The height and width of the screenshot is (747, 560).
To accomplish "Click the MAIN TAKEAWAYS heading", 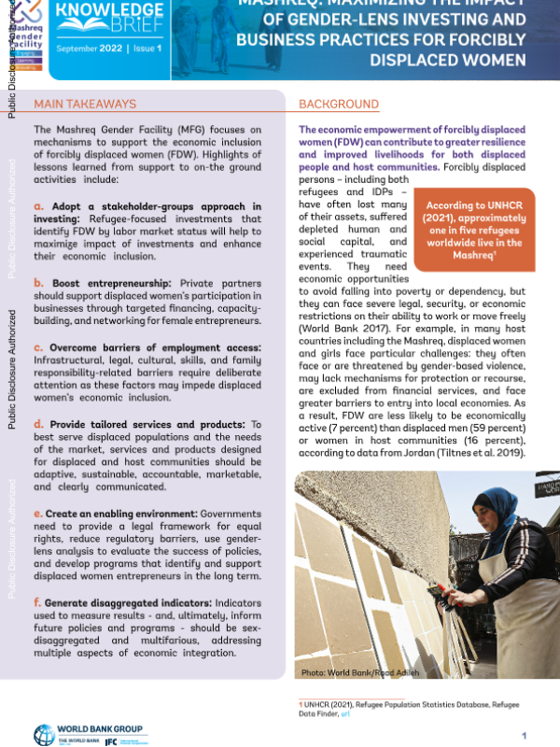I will pyautogui.click(x=85, y=104).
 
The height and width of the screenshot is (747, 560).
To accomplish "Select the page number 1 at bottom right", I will pyautogui.click(x=525, y=736).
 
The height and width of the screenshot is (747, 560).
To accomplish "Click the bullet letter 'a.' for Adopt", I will pyautogui.click(x=38, y=206).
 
